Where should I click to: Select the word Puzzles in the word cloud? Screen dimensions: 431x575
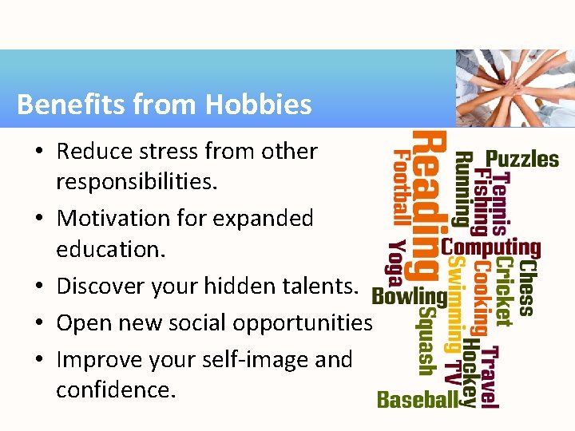[522, 160]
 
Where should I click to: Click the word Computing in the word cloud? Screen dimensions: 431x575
[490, 248]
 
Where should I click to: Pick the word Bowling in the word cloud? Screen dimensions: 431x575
[409, 297]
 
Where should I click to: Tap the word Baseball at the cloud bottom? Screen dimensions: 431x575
[417, 399]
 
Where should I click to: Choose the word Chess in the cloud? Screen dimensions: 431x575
[526, 286]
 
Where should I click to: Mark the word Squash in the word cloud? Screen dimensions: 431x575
[426, 342]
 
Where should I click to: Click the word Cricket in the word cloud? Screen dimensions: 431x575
[504, 291]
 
